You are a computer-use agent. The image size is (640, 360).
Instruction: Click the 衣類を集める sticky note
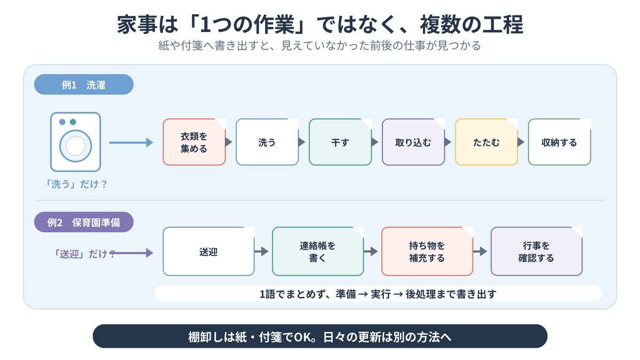[194, 142]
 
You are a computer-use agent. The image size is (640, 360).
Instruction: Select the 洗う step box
[267, 142]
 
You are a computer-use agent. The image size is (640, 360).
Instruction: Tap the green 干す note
[340, 142]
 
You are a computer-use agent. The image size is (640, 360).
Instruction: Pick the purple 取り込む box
[413, 142]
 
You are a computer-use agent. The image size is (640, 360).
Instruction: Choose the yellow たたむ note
[486, 142]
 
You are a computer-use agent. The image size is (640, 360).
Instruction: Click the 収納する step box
[559, 142]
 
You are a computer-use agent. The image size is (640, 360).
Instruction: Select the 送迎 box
[209, 251]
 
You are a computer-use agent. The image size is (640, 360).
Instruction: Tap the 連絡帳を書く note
[318, 251]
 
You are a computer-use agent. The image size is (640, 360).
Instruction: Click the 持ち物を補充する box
[427, 251]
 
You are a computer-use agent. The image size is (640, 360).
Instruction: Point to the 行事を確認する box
[537, 251]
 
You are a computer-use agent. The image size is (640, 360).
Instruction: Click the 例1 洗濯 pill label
[84, 85]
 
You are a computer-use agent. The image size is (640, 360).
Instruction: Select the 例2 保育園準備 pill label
[84, 222]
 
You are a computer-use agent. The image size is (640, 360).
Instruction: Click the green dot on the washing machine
[73, 122]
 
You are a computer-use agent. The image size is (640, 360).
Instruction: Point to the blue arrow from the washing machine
[131, 142]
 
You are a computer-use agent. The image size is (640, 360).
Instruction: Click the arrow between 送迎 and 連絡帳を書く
[261, 251]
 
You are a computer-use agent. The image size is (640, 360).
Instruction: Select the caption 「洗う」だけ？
[76, 185]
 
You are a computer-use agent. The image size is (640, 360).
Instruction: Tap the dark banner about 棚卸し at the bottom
[320, 337]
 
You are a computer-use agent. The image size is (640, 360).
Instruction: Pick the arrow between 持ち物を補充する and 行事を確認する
[480, 251]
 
